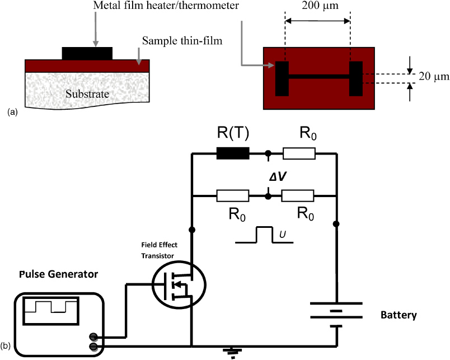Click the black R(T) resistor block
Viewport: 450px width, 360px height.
click(x=233, y=153)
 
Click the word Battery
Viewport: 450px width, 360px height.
click(x=398, y=315)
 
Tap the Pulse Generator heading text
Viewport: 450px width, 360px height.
click(x=59, y=275)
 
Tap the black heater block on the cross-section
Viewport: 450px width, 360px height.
click(x=87, y=53)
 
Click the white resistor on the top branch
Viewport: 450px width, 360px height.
click(x=299, y=153)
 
